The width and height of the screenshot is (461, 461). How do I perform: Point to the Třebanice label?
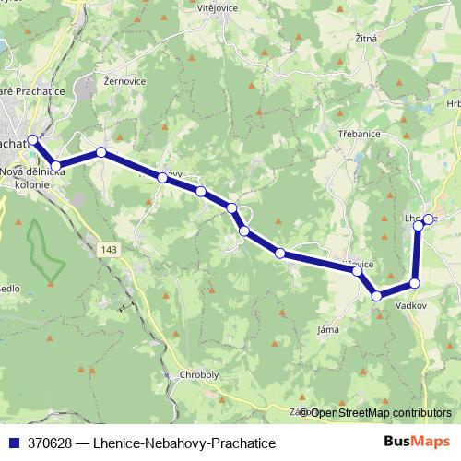click(360, 134)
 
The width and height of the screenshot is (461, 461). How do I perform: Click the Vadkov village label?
click(408, 301)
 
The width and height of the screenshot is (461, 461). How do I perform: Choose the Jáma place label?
click(326, 329)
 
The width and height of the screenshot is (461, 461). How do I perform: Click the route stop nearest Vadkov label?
click(414, 283)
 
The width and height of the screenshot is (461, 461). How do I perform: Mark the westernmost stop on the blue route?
click(33, 140)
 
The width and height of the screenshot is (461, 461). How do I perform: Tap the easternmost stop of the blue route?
click(428, 219)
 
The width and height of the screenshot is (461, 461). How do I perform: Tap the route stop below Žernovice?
click(100, 152)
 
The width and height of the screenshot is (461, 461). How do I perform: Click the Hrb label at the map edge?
click(453, 103)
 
